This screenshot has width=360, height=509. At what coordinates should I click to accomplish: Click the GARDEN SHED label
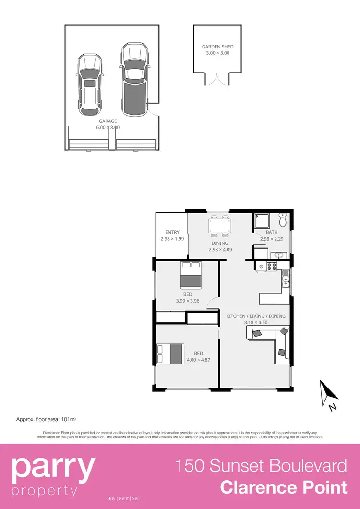(217, 47)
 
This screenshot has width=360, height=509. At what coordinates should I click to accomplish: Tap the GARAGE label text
(108, 121)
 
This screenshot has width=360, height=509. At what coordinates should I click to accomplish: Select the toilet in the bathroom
(283, 221)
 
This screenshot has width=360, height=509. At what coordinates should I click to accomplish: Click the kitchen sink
(286, 279)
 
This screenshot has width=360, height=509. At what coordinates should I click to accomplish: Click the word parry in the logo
(53, 468)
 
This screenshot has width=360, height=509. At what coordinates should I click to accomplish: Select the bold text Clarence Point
(283, 487)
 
